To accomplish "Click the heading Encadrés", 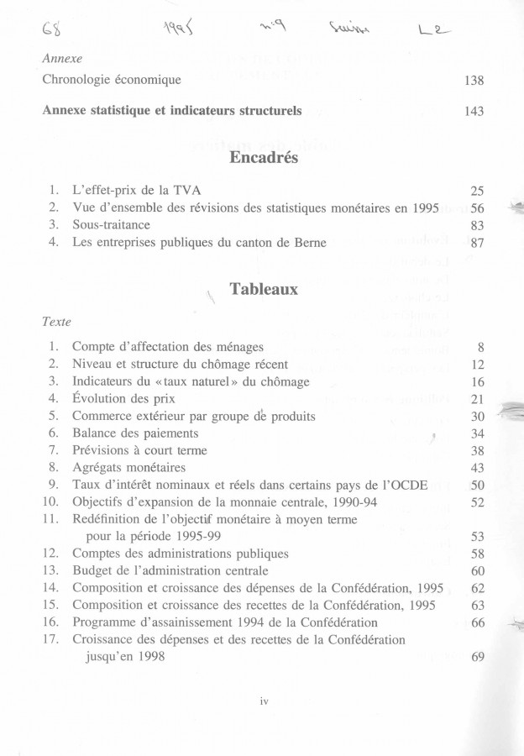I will [x=261, y=162].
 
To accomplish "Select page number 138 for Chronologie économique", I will [x=474, y=80].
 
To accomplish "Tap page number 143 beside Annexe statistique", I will [x=474, y=111].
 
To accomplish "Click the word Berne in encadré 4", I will [x=307, y=244].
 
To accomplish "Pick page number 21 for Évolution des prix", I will [x=477, y=398].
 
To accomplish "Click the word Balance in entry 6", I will [x=96, y=433].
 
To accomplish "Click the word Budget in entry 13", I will [x=94, y=571].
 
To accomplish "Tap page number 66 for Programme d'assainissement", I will [x=477, y=622].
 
